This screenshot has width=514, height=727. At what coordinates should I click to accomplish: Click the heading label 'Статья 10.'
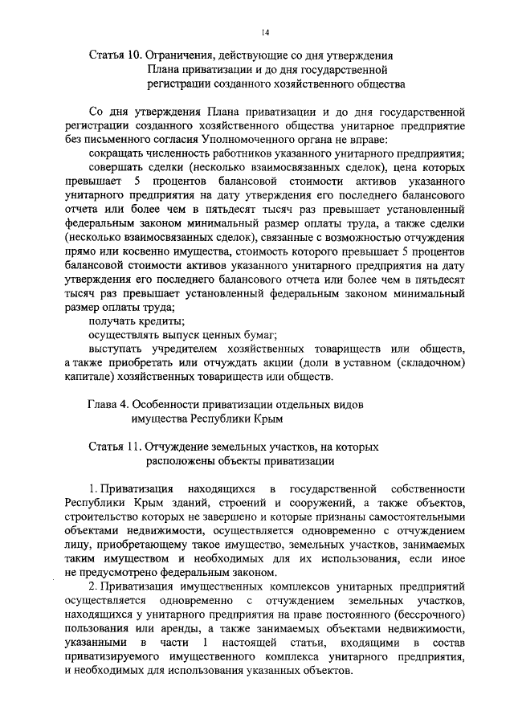click(x=115, y=55)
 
